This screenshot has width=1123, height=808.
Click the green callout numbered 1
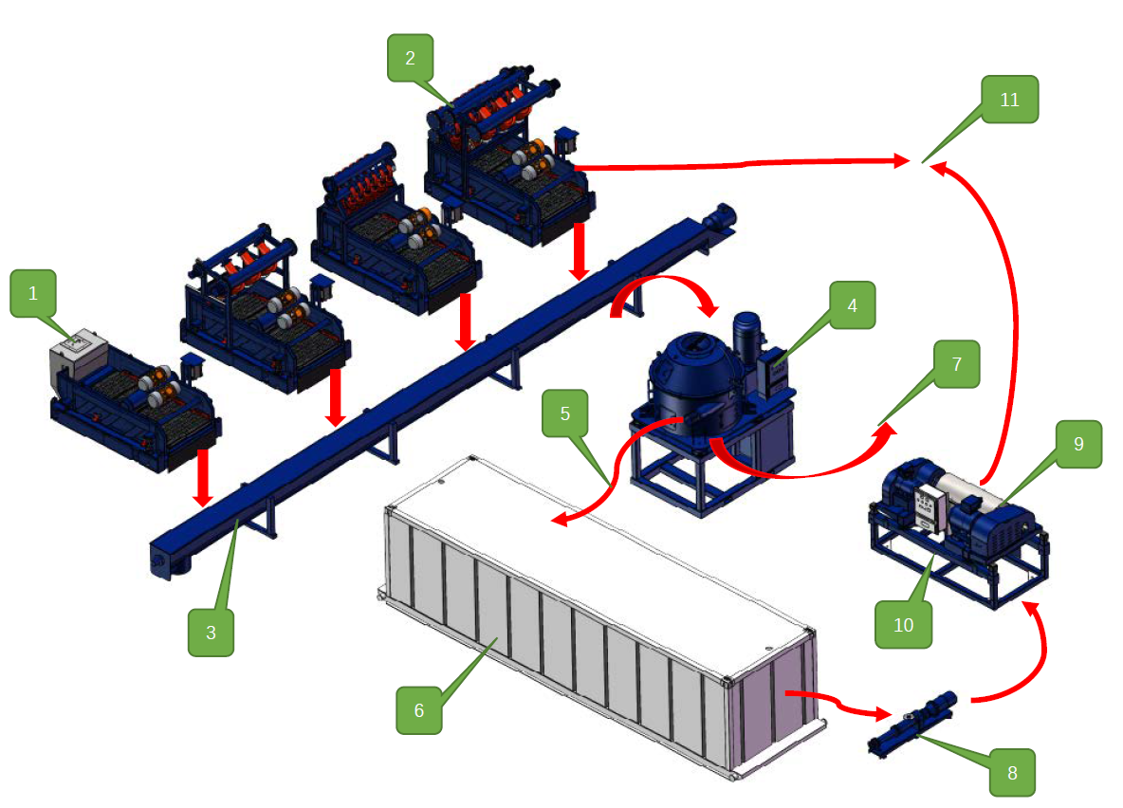(34, 293)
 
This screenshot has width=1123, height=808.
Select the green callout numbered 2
(410, 58)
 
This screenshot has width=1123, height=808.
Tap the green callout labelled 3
(211, 633)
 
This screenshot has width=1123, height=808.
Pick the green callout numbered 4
(852, 305)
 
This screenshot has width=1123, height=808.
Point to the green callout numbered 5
(565, 413)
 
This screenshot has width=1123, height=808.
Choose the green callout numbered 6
(419, 710)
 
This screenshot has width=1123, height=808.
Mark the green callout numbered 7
(955, 364)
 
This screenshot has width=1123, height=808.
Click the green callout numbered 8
(1012, 772)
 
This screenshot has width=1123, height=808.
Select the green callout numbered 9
(1078, 443)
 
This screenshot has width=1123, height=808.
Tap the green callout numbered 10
(903, 624)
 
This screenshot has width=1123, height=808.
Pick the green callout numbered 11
(1010, 99)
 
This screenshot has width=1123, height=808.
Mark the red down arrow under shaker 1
(201, 477)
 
